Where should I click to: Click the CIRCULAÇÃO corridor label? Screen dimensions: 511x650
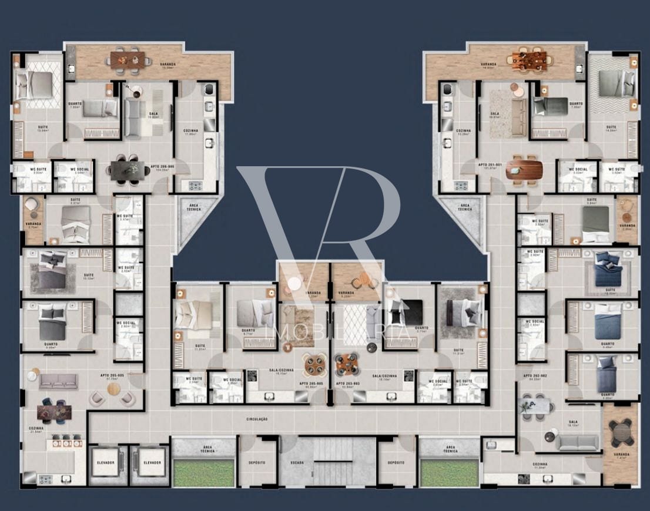tap(256, 419)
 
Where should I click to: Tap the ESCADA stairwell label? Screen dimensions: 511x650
tap(297, 463)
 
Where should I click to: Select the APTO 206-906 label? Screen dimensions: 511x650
tap(162, 167)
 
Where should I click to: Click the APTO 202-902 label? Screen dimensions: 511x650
tap(532, 376)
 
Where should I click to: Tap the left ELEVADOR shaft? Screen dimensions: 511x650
tap(106, 463)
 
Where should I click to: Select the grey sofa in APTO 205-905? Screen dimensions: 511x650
tap(58, 382)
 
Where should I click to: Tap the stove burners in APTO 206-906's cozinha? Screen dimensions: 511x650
tap(195, 186)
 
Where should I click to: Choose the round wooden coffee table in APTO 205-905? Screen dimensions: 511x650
tap(113, 389)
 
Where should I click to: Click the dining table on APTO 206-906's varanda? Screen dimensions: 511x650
tap(127, 58)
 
